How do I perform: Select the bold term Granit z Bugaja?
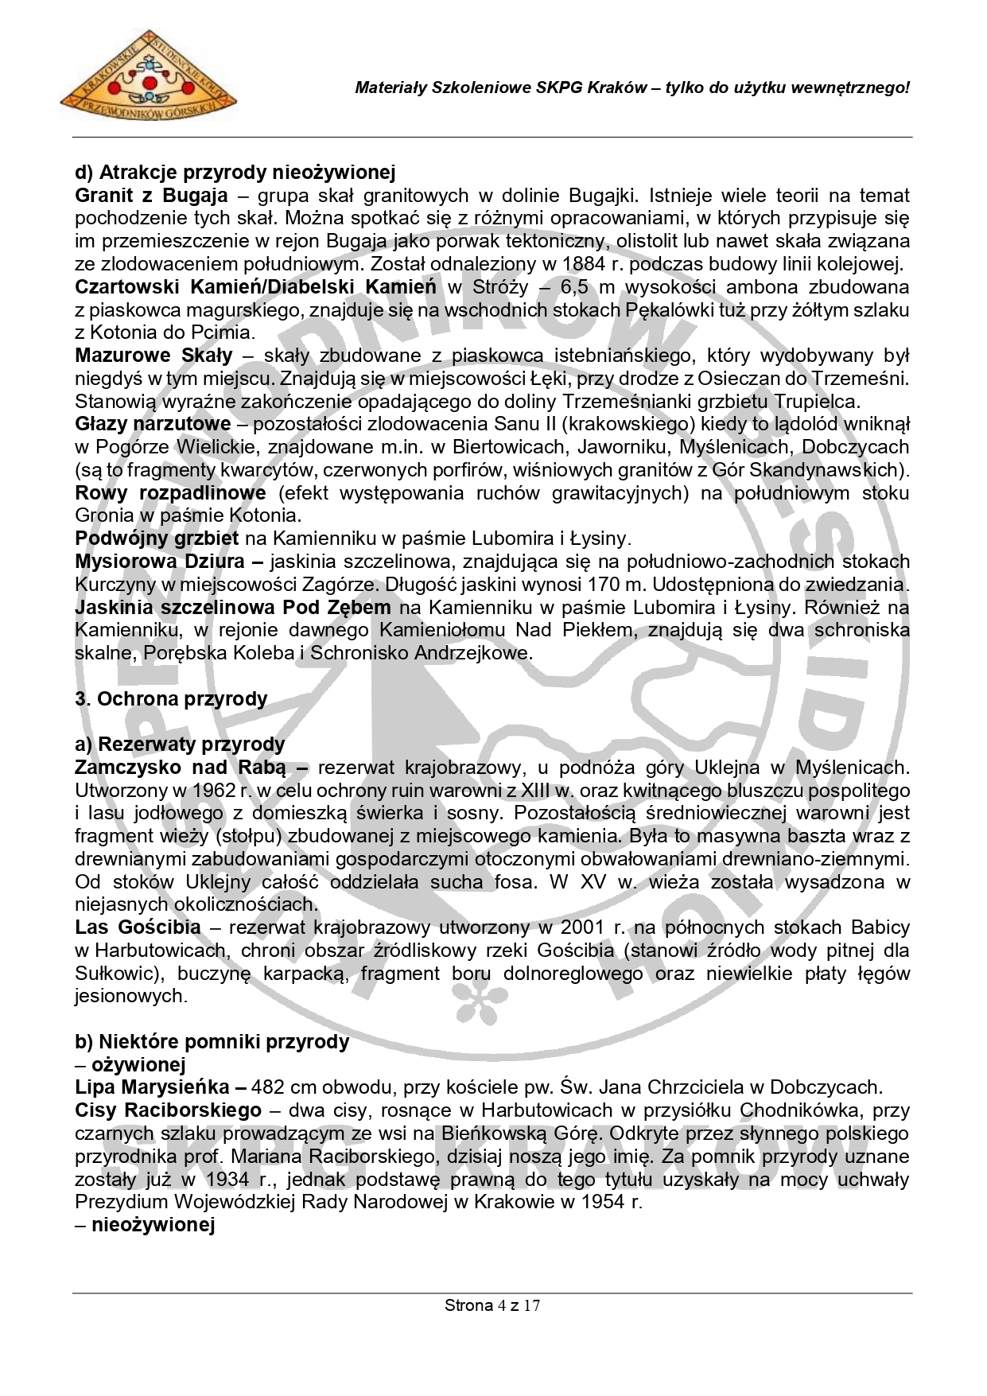tap(151, 196)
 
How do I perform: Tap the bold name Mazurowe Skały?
tap(153, 356)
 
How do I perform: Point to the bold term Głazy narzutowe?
tap(153, 424)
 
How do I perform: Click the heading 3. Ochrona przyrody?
tap(171, 699)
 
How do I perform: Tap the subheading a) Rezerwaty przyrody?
tap(180, 745)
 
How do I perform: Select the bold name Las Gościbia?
tap(138, 927)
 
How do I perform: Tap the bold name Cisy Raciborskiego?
tap(168, 1110)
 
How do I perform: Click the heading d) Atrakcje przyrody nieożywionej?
tap(235, 172)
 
